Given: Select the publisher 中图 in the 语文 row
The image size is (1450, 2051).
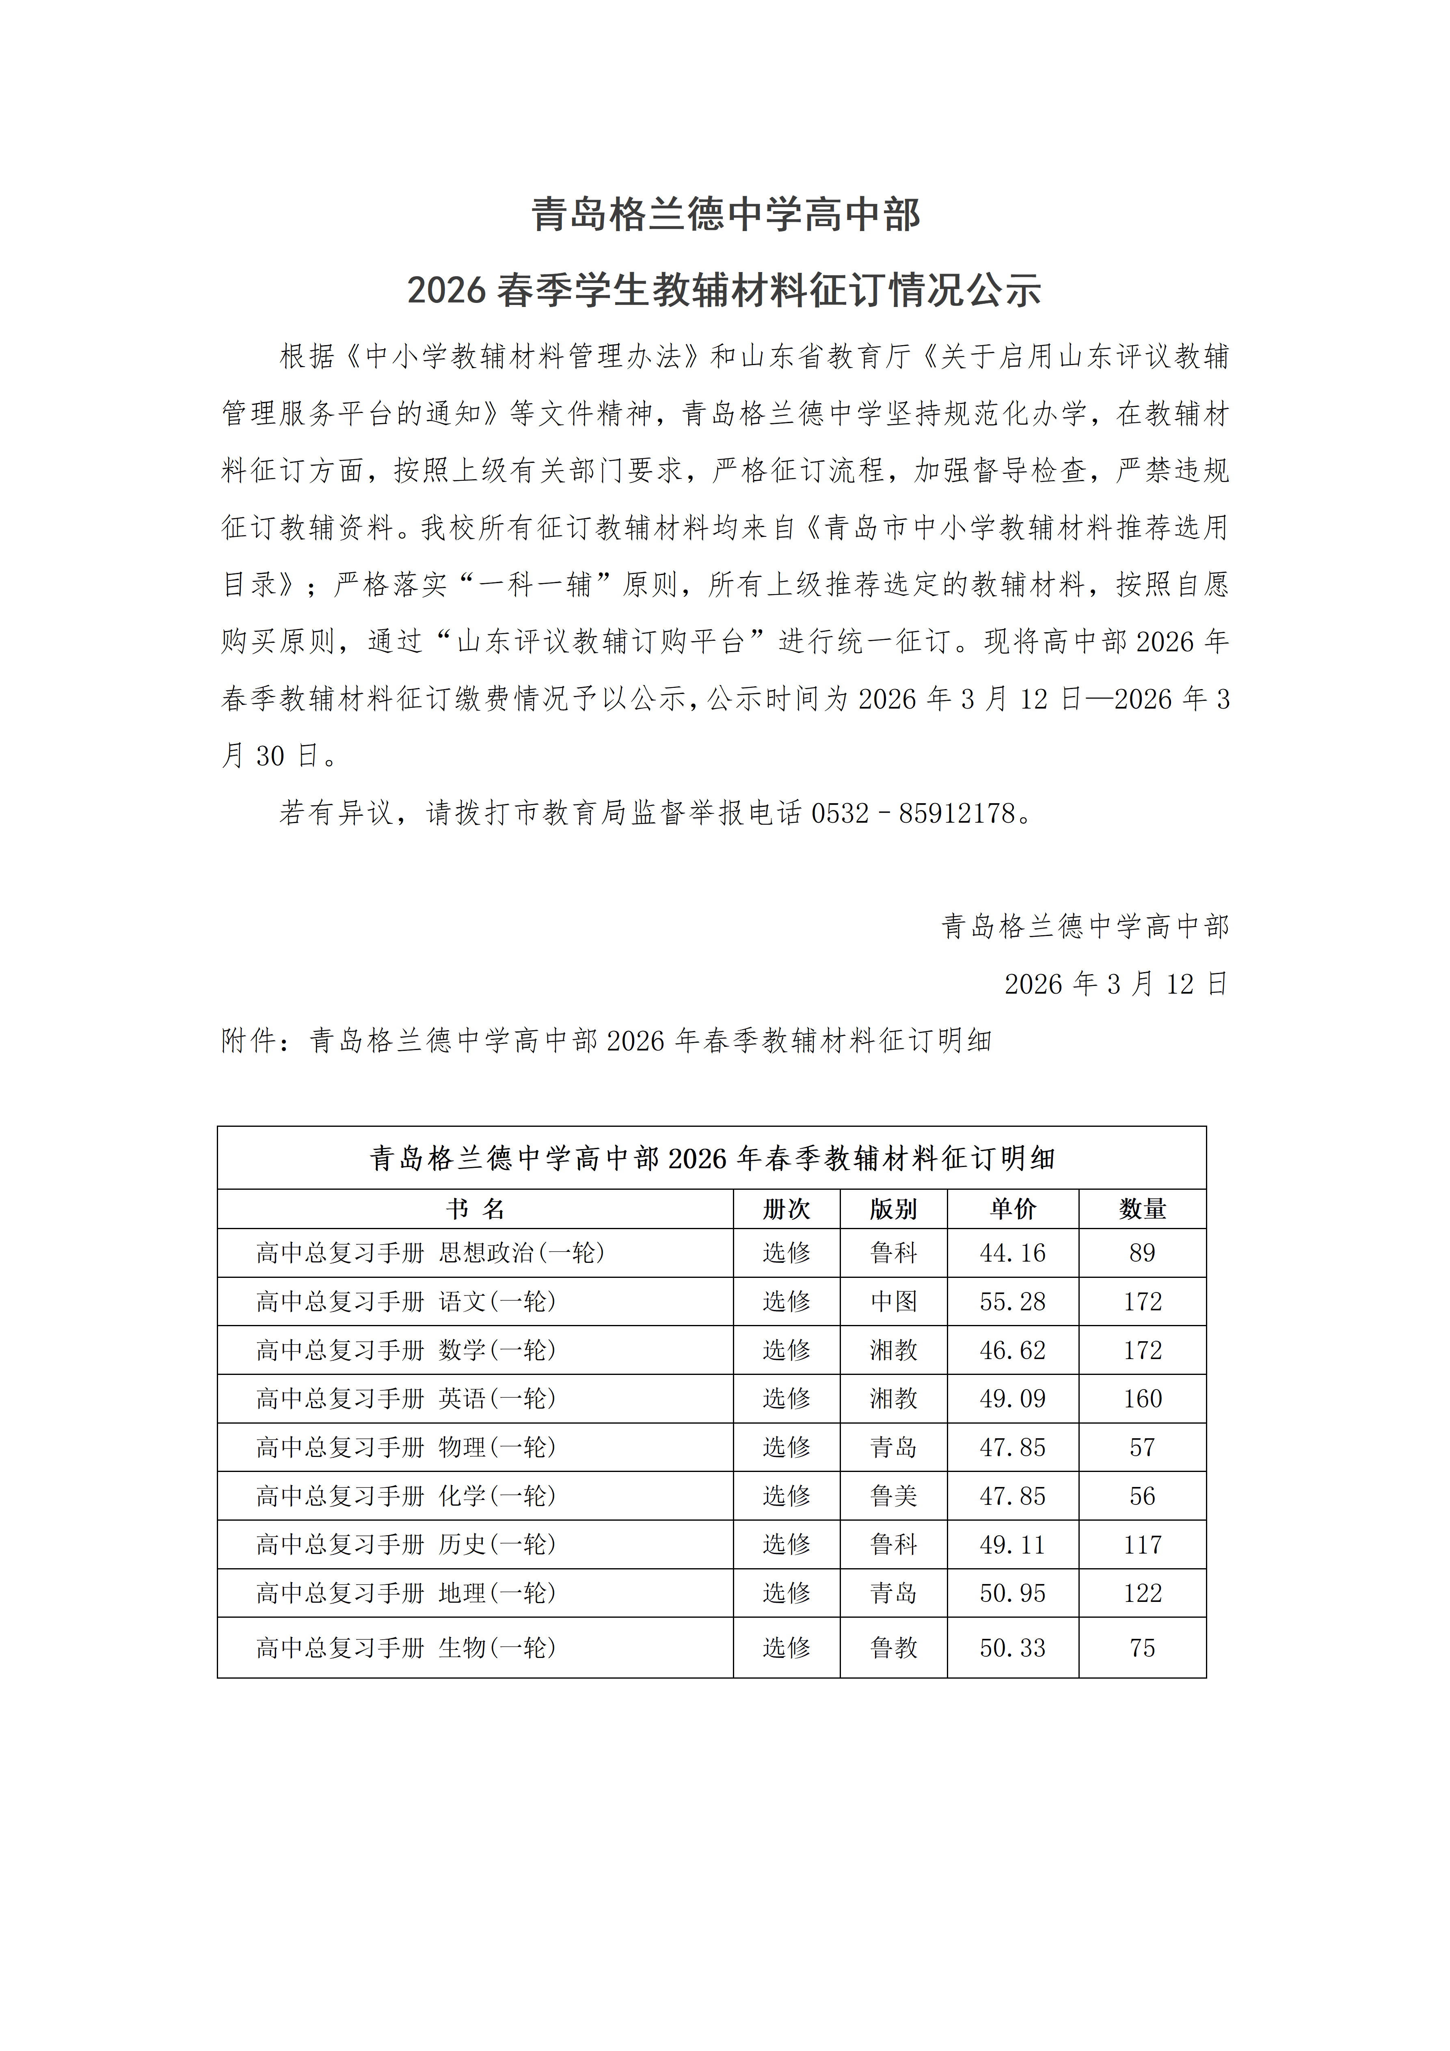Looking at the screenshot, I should [x=893, y=1301].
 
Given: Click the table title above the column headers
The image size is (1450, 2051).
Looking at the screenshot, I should [x=712, y=1158].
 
